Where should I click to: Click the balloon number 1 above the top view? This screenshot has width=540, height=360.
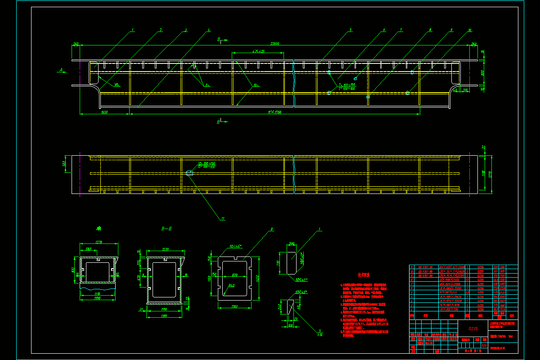(133, 30)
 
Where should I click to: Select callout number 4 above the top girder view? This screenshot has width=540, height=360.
(209, 30)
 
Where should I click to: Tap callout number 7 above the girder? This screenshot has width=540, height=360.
(400, 30)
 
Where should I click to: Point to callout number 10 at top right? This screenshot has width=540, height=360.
(470, 30)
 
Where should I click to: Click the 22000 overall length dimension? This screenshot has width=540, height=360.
(274, 44)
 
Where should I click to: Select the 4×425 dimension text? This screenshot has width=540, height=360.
(258, 51)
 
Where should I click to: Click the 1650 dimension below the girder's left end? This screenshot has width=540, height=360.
(104, 112)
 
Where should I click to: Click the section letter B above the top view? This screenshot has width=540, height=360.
(219, 40)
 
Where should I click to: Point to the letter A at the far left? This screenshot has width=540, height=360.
(60, 70)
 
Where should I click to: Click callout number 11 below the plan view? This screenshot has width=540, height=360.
(222, 219)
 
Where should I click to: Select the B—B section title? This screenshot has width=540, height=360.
(166, 229)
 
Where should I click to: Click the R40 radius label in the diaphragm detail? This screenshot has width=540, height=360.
(232, 285)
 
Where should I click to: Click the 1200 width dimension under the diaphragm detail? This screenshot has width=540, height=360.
(235, 306)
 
